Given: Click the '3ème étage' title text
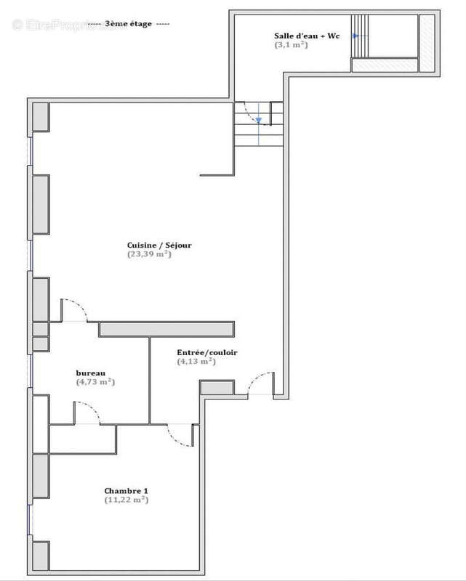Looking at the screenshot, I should pos(128,24).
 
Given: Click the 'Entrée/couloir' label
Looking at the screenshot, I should pos(207,353).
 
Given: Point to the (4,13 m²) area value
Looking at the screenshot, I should pos(197,361).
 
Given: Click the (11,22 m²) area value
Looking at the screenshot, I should pos(126,500).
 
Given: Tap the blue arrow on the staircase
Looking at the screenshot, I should pos(258,121).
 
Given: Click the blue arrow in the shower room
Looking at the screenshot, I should pos(355,36).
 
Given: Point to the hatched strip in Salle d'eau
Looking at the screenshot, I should pos(427,43).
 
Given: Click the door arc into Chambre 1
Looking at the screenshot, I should pos(177,436).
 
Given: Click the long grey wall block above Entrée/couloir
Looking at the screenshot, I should pos(166,329).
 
